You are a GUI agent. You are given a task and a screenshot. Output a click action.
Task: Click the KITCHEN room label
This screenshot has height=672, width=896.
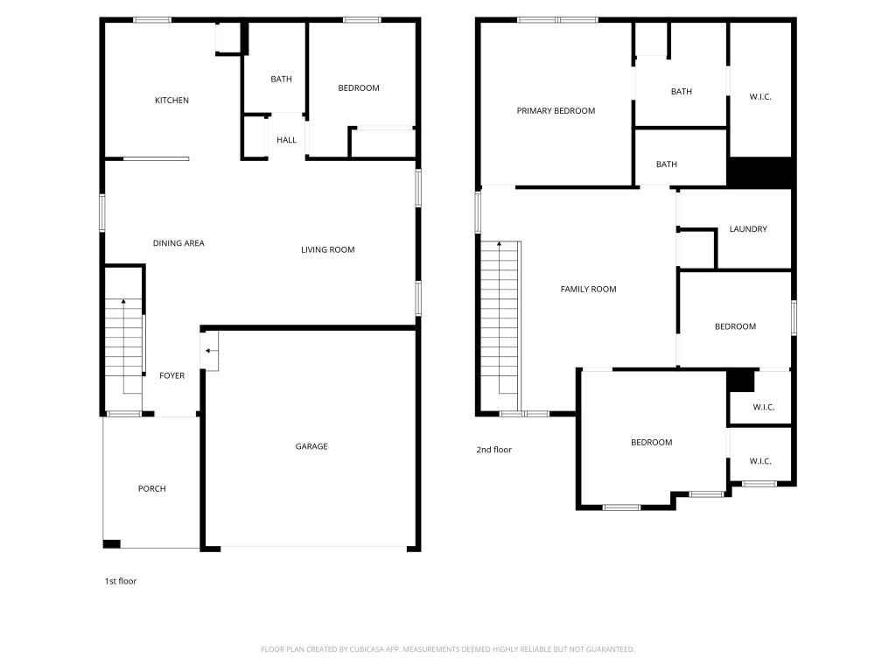171,101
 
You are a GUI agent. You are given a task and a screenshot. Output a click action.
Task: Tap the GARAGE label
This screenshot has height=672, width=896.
311,446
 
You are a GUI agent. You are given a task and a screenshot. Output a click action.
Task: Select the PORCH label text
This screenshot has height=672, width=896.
151,489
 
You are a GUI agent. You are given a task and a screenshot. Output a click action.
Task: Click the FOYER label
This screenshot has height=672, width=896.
171,376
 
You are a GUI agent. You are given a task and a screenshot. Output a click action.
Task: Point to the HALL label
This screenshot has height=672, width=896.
286,140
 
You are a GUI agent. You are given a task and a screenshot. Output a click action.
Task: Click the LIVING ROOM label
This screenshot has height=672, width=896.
327,250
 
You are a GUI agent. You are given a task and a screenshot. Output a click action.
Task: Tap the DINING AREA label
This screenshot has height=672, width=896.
178,243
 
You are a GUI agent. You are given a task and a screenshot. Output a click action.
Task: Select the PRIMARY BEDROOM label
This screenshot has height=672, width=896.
556,111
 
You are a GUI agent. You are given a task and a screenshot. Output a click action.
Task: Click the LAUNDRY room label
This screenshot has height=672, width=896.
748,229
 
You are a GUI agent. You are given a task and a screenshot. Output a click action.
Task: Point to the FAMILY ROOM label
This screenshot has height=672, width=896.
588,290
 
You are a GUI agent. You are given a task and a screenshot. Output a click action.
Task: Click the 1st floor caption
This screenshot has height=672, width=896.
120,581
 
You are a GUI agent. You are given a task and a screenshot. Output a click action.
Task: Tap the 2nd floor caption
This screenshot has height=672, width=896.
493,450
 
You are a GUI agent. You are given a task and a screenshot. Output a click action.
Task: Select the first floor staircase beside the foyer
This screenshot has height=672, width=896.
123,346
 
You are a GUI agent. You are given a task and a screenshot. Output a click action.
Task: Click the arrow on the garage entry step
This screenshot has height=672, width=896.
210,351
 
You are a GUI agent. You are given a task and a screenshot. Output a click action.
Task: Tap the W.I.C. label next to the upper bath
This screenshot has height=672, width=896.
760,96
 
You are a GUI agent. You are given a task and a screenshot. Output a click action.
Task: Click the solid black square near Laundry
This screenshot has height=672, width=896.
759,172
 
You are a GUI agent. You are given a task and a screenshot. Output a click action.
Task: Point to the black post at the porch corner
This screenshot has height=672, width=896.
111,544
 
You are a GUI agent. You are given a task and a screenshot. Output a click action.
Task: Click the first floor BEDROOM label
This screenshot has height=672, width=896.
359,88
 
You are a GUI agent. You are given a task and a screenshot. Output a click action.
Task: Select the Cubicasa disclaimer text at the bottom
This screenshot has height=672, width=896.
447,649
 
